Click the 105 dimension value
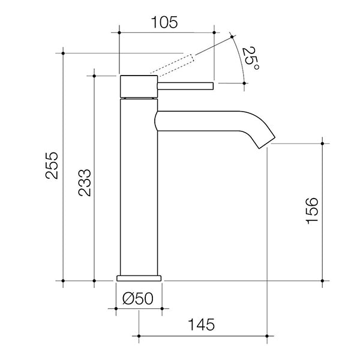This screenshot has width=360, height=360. (x=164, y=23)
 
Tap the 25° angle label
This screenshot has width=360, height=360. (x=251, y=61)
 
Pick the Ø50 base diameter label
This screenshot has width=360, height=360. (x=139, y=298)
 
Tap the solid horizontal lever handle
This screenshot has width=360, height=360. (x=185, y=86)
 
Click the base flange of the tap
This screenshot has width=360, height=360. (x=139, y=278)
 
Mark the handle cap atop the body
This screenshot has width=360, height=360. (x=139, y=86)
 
